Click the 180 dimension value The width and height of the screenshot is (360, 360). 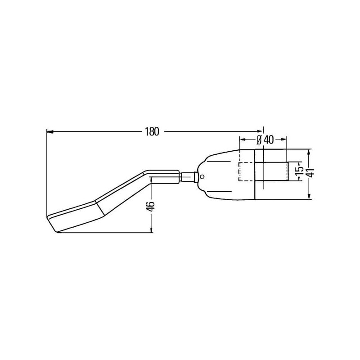[152, 132]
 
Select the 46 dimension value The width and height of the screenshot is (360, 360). [150, 207]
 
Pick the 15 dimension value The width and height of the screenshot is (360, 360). [299, 171]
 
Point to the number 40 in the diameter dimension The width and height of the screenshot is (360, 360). [269, 140]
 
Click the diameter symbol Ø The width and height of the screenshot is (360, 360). [259, 140]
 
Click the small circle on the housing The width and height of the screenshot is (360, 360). [202, 176]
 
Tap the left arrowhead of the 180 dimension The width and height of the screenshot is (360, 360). [50, 132]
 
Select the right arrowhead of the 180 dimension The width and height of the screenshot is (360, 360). [260, 131]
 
